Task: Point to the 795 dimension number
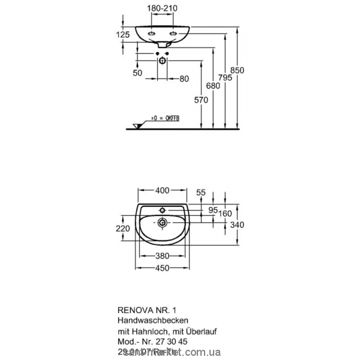pos(225,77)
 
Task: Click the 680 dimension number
pos(212,85)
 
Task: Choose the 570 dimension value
pos(200,100)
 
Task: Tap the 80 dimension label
pos(184,79)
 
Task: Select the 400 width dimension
pos(162,191)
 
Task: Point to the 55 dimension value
pos(201,192)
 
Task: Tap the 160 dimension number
pos(226,214)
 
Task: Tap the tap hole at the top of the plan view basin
pos(162,209)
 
